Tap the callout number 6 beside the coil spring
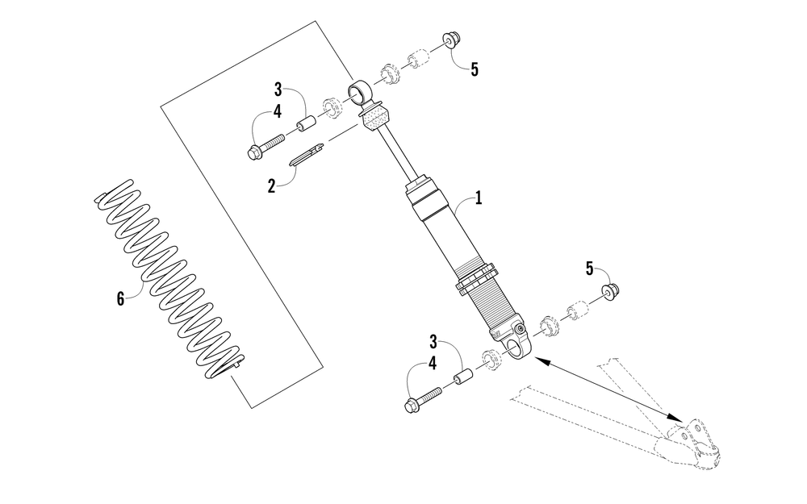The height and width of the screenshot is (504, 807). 120,298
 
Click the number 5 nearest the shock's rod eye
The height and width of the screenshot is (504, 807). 474,69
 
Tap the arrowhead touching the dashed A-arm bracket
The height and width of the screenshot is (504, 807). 677,415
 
